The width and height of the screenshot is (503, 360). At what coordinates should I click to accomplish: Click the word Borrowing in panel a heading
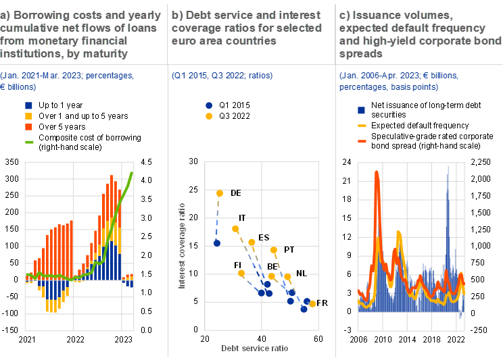pyautogui.click(x=38, y=16)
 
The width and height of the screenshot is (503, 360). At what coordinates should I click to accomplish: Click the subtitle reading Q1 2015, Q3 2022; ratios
pyautogui.click(x=222, y=75)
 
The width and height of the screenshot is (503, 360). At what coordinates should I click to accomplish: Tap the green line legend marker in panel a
pyautogui.click(x=29, y=142)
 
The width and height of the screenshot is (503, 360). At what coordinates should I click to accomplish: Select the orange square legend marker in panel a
pyautogui.click(x=29, y=127)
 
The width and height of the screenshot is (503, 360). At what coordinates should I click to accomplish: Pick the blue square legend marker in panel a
pyautogui.click(x=29, y=105)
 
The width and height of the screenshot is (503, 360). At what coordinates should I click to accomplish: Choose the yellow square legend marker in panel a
pyautogui.click(x=29, y=116)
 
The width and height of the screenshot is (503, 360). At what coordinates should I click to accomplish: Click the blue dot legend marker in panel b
pyautogui.click(x=209, y=105)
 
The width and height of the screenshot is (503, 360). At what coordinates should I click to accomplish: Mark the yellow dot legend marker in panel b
pyautogui.click(x=209, y=116)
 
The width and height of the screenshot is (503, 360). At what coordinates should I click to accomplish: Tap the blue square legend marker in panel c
pyautogui.click(x=362, y=110)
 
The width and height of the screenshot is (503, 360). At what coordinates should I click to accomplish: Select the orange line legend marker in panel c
pyautogui.click(x=362, y=140)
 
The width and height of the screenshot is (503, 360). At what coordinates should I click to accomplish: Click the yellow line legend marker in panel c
pyautogui.click(x=362, y=126)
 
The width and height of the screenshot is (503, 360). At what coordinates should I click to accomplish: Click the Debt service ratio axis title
pyautogui.click(x=255, y=348)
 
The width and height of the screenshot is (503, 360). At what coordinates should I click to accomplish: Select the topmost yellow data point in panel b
pyautogui.click(x=220, y=194)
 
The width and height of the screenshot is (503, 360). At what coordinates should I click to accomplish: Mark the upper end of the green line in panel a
pyautogui.click(x=132, y=173)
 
